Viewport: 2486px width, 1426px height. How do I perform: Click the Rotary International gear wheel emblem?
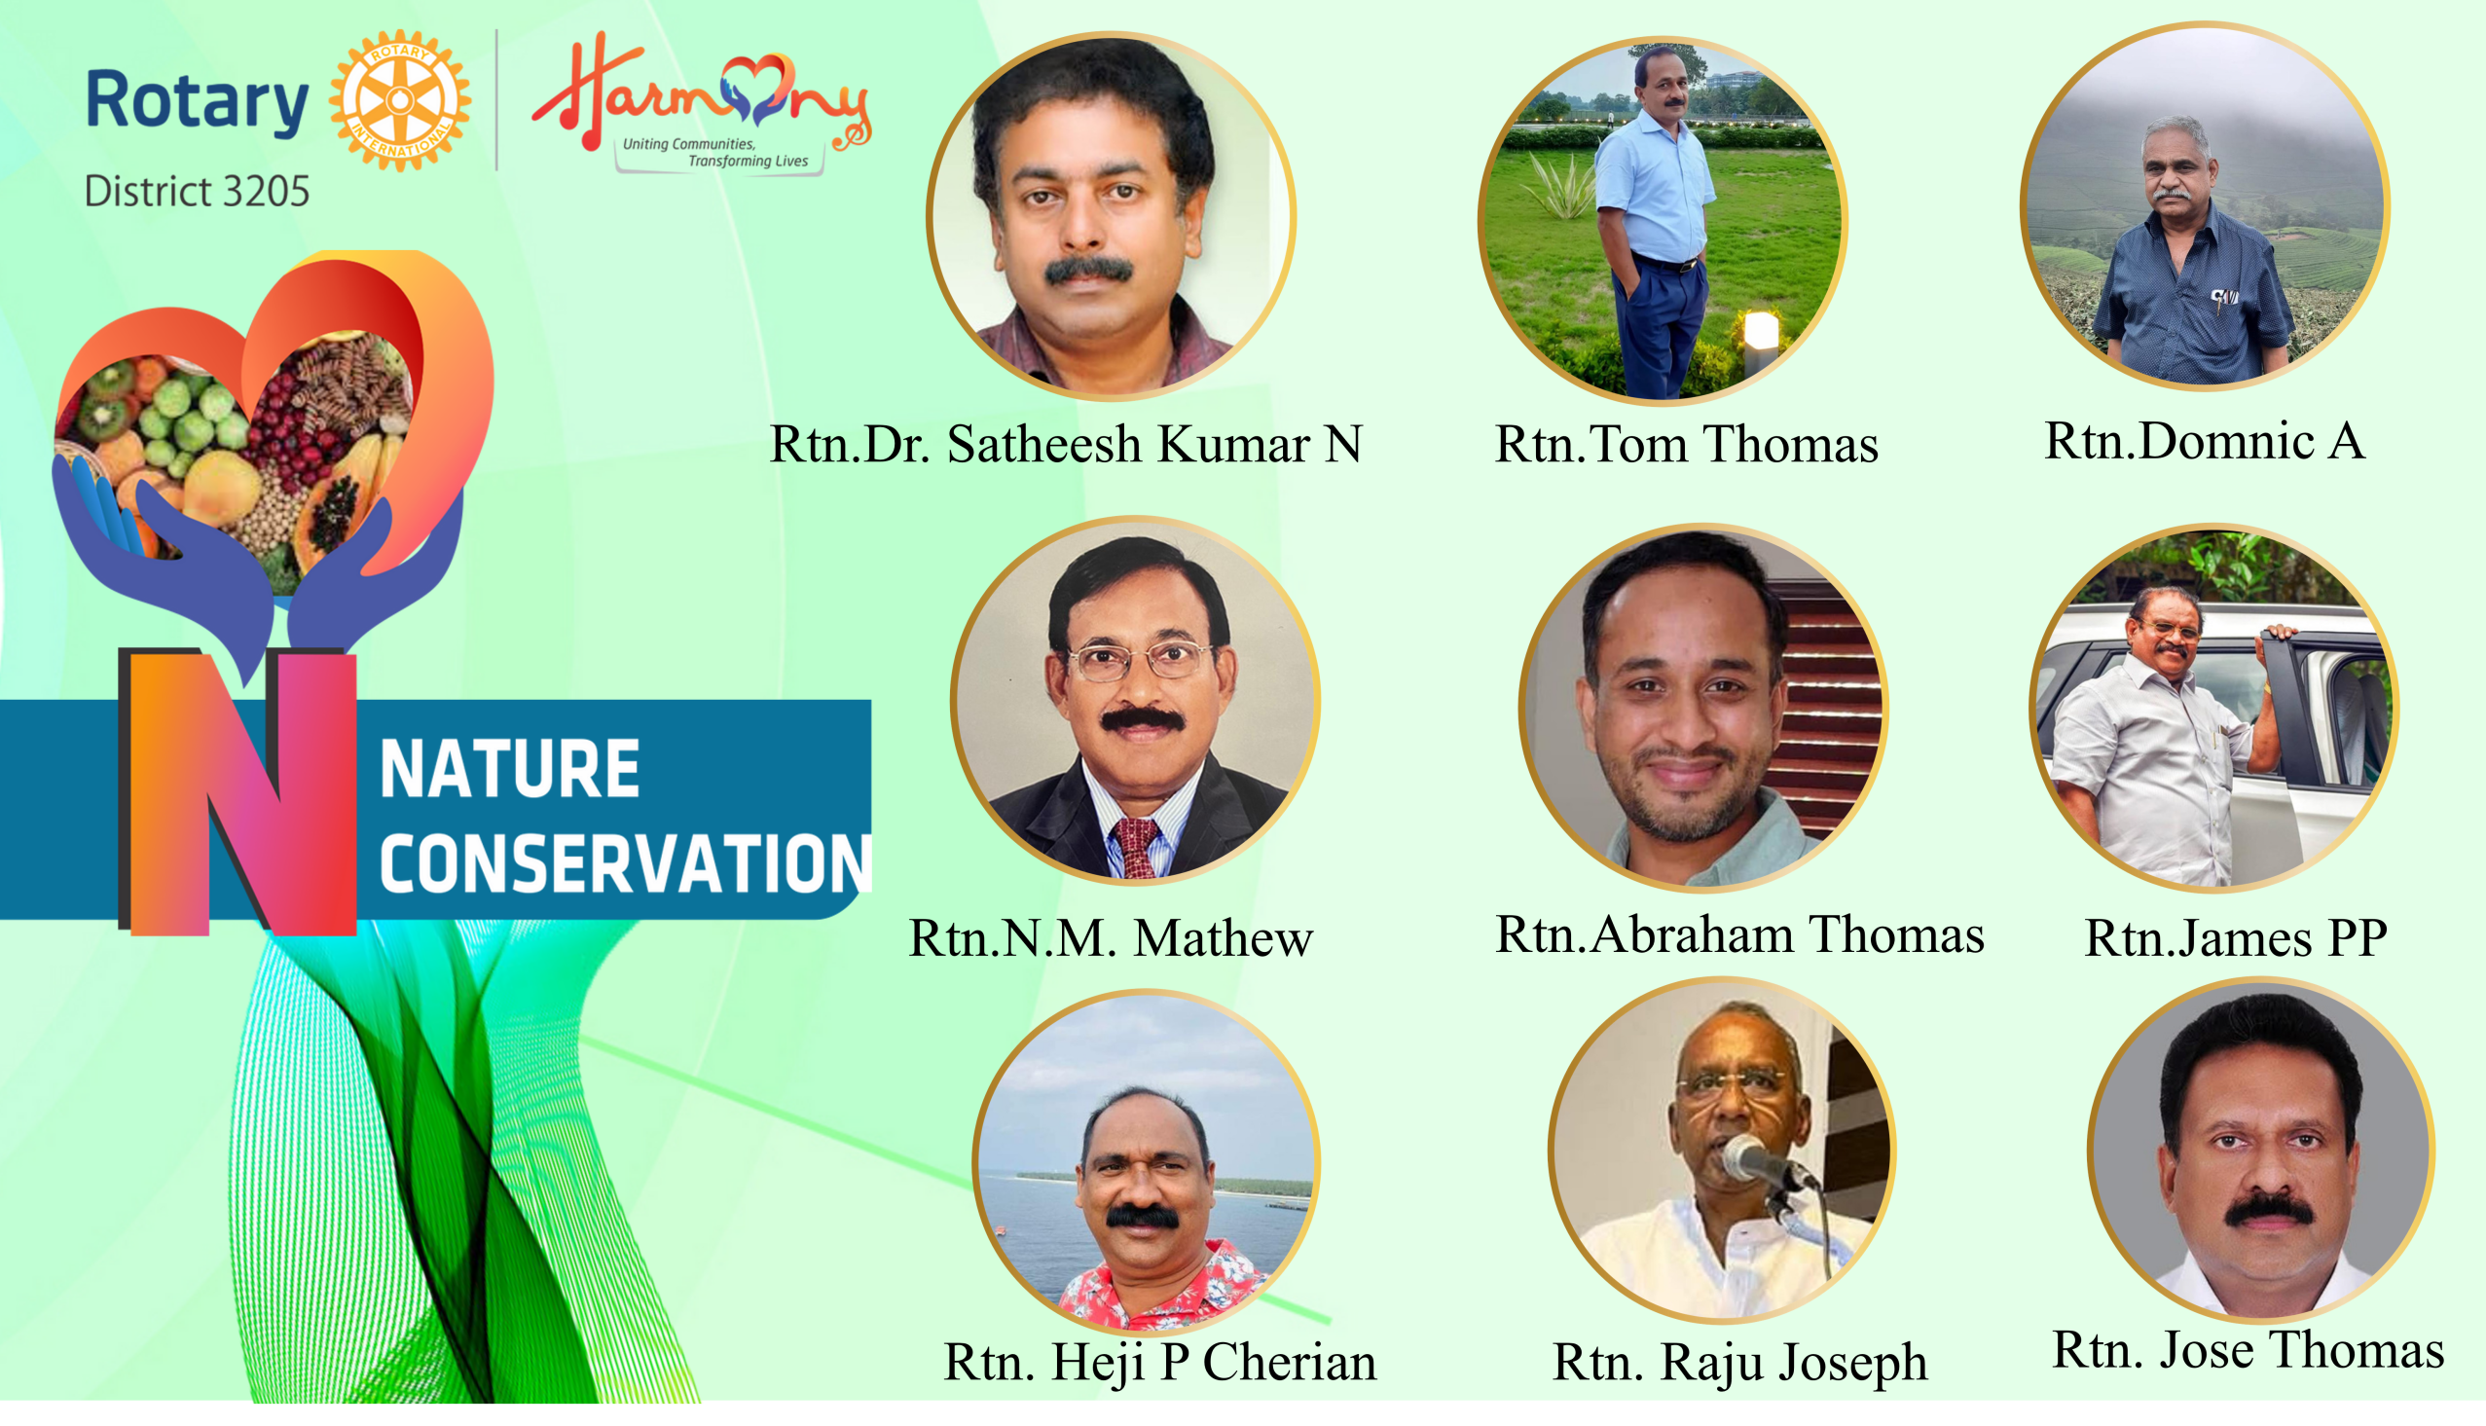click(x=399, y=100)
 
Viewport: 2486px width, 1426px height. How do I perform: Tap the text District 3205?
click(x=197, y=191)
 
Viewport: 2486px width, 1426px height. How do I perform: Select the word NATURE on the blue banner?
click(x=509, y=770)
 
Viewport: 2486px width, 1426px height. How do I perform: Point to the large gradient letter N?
click(x=238, y=791)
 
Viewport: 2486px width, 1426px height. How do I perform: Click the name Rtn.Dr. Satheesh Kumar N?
click(x=1066, y=445)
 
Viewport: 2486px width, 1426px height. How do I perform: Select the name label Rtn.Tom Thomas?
click(x=1686, y=445)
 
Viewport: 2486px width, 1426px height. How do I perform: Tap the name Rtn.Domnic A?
click(x=2205, y=441)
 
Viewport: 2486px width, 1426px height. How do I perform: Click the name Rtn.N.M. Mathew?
click(x=1111, y=938)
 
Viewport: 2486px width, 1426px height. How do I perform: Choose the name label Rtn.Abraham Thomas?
click(x=1739, y=934)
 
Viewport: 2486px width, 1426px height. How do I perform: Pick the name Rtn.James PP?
click(x=2236, y=938)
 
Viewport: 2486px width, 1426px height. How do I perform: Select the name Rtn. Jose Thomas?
click(x=2248, y=1351)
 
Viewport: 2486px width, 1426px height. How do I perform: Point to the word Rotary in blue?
click(x=197, y=102)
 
